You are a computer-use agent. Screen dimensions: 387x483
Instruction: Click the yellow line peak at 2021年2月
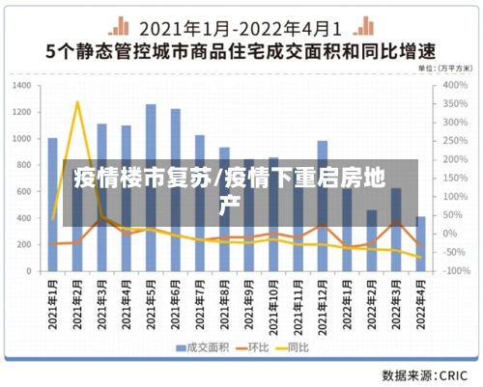[x=77, y=102]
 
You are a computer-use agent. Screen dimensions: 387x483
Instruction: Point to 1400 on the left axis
[x=22, y=85]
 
